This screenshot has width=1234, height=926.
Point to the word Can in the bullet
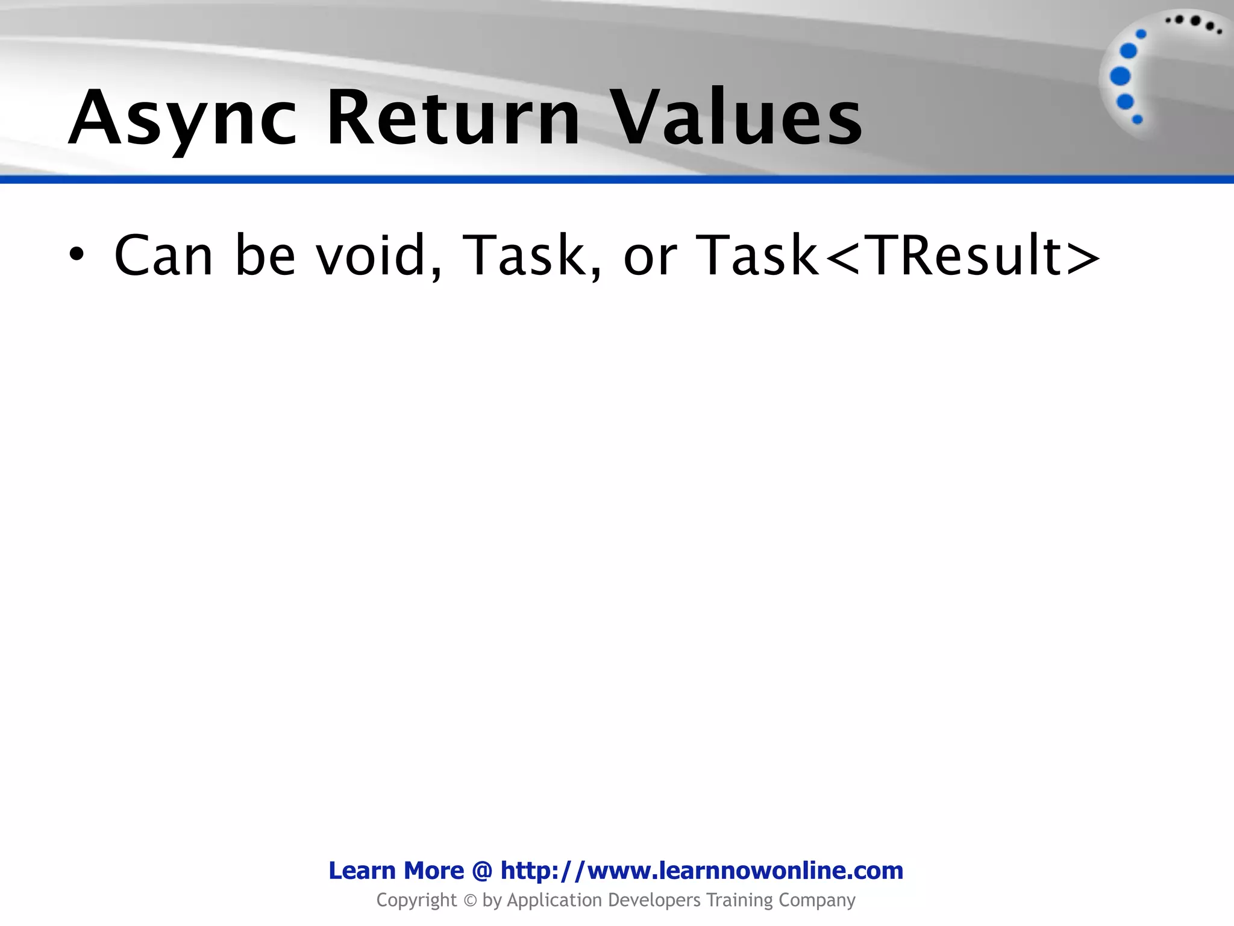click(x=163, y=256)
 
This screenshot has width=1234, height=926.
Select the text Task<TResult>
click(x=898, y=256)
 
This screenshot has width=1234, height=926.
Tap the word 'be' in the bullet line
click(x=265, y=256)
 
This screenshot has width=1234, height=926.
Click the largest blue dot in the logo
click(x=1120, y=77)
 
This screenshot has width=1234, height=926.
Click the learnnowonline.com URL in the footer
click(x=702, y=871)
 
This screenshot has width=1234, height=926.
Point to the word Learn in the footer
click(x=362, y=871)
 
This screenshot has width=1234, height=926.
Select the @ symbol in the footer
click(x=482, y=871)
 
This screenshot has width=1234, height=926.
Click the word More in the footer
click(x=434, y=871)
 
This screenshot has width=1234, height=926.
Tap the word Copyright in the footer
click(x=416, y=900)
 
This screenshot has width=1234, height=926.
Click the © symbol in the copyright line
click(x=470, y=901)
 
